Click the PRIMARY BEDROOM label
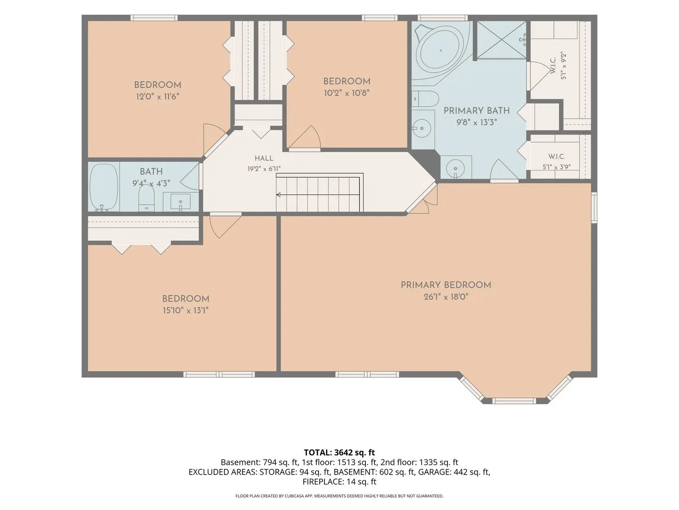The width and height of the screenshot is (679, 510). [x=446, y=285]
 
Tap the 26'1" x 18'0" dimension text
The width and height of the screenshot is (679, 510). [x=446, y=297]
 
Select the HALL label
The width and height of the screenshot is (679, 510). [x=264, y=158]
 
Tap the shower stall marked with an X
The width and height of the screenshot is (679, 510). [x=501, y=40]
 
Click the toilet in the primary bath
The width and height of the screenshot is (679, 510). [x=425, y=99]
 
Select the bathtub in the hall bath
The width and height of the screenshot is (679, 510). [x=104, y=187]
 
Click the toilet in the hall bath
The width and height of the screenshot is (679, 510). [x=146, y=198]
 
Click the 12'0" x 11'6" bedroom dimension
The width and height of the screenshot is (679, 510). [x=158, y=97]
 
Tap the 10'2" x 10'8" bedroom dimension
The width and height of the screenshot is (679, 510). [x=347, y=93]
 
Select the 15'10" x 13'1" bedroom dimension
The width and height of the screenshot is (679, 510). [x=186, y=310]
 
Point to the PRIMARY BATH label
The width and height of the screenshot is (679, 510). [x=477, y=110]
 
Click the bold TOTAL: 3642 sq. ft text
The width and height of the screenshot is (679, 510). [x=339, y=452]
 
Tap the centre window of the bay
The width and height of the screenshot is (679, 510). [x=514, y=401]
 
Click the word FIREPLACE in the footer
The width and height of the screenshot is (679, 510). [x=323, y=482]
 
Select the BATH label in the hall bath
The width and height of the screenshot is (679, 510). [x=151, y=171]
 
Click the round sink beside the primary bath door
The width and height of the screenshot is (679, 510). [x=455, y=169]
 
